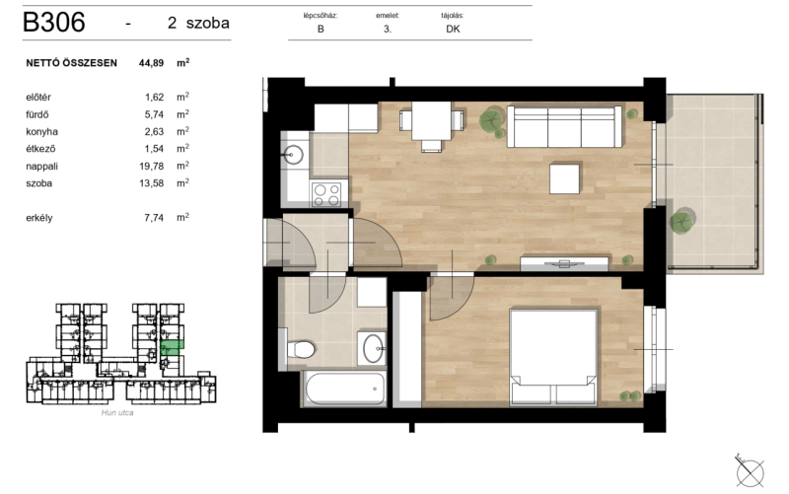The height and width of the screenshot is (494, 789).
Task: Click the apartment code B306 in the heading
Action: click(54, 22)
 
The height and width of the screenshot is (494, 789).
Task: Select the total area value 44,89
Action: click(152, 63)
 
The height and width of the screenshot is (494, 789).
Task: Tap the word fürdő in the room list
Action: click(37, 114)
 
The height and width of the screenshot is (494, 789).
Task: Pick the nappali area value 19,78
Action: click(152, 166)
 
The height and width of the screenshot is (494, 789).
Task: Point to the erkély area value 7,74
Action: click(154, 217)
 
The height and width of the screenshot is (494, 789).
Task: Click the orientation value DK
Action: click(453, 30)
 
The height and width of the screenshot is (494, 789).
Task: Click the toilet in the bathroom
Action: click(301, 349)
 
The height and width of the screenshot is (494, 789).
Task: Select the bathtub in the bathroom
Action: click(344, 388)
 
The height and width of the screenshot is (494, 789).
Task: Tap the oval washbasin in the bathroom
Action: click(374, 348)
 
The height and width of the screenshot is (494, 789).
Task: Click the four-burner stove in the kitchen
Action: click(326, 194)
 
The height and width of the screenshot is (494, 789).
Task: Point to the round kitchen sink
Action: click(292, 154)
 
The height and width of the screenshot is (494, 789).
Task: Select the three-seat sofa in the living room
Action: click(564, 126)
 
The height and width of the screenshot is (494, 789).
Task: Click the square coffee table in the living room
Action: click(564, 178)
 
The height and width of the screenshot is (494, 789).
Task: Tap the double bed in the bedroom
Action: click(553, 357)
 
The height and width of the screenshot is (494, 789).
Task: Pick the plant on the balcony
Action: click(681, 221)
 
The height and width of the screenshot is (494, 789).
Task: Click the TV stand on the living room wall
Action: click(564, 263)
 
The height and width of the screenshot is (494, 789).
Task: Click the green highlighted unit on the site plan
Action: click(172, 345)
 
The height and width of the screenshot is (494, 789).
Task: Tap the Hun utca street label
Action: click(117, 412)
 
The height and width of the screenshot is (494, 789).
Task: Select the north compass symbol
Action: click(750, 471)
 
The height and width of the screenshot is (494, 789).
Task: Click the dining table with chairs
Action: click(431, 126)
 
